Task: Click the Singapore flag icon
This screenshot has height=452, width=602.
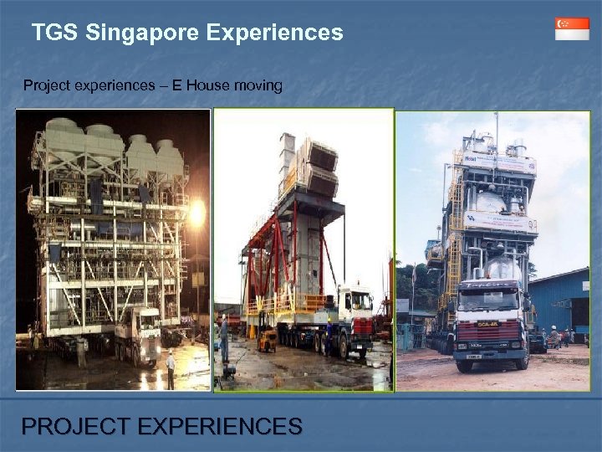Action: tap(572, 28)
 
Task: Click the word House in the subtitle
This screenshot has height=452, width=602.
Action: tap(204, 85)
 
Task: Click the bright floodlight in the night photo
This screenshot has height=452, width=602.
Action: tap(197, 213)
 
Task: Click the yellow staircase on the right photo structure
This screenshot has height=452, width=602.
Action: tap(455, 226)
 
